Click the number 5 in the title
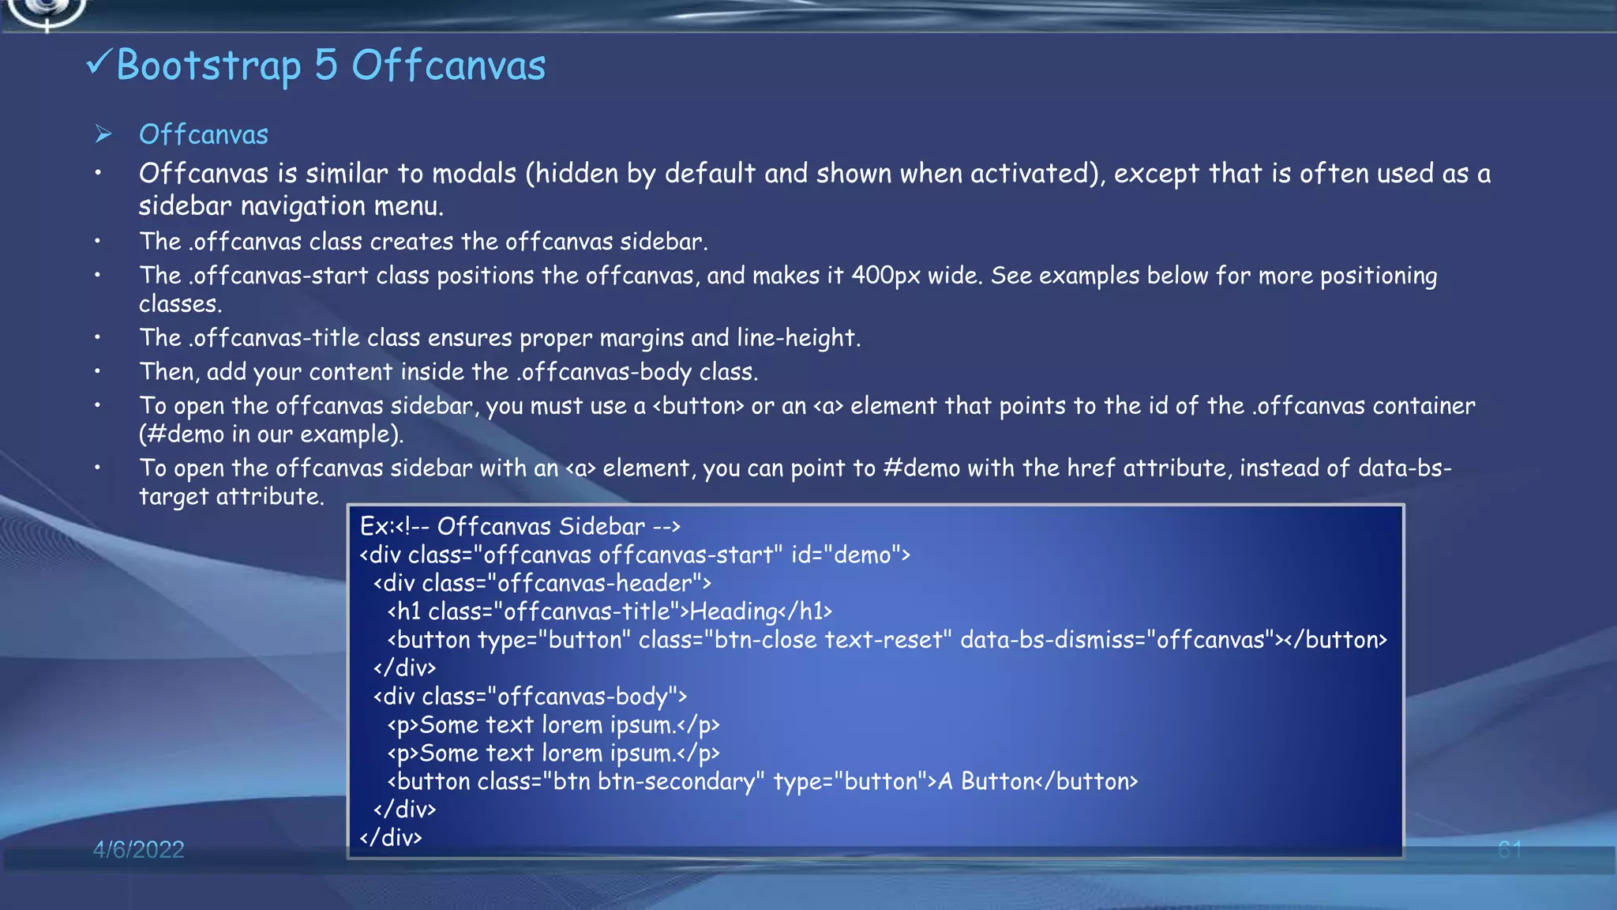coord(326,65)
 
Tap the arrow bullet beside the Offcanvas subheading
coord(103,134)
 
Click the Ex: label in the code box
coord(377,526)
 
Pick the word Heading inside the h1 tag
coord(733,611)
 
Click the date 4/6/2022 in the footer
coord(138,849)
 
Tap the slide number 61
coord(1509,850)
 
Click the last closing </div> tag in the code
coord(391,837)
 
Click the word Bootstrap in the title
coord(208,66)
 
